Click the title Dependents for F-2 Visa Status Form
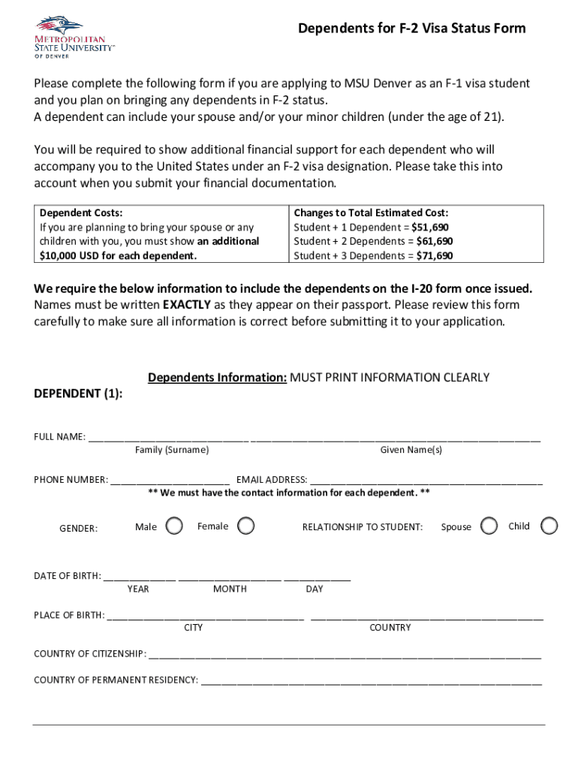point(411,29)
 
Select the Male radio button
point(173,526)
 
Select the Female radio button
point(245,526)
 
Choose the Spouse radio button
point(489,526)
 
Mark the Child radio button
point(549,526)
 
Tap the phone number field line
point(170,478)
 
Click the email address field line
point(426,478)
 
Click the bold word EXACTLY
point(187,305)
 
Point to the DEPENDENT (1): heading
point(79,393)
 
